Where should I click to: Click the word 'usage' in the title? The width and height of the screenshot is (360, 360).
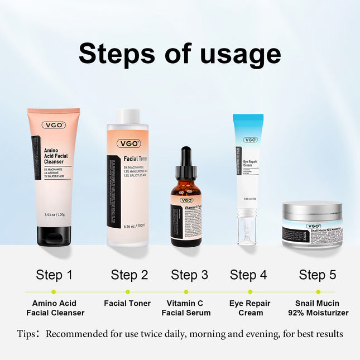(x=240, y=55)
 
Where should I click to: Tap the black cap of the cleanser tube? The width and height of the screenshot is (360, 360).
(x=54, y=236)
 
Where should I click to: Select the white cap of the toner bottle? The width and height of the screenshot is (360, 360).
(x=127, y=116)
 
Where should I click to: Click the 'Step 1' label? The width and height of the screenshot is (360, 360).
(x=54, y=275)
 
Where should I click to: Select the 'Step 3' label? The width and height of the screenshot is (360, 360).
(x=189, y=275)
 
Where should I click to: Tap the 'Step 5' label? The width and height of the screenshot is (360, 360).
(x=318, y=275)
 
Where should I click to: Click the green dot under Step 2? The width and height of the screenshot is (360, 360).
(x=128, y=291)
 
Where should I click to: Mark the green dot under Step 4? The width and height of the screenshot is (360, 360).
(x=250, y=291)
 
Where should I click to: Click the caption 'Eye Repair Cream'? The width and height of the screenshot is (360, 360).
(x=250, y=308)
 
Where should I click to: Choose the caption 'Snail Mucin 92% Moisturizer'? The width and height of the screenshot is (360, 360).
(x=318, y=308)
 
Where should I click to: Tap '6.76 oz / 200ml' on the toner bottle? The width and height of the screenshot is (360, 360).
(x=133, y=225)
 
